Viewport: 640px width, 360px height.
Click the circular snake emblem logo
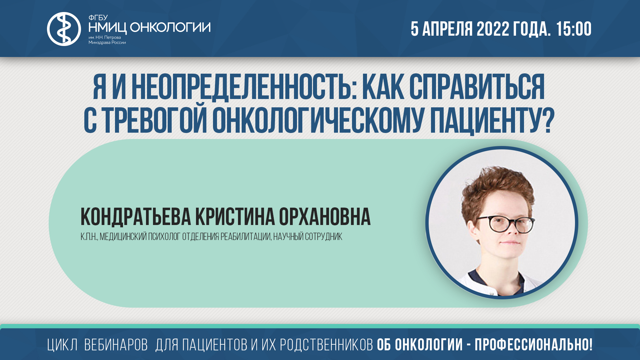point(64,29)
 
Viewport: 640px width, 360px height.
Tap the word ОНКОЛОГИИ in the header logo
point(170,27)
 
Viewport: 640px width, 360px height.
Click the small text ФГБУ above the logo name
point(98,18)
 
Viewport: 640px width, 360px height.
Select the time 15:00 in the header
point(574,29)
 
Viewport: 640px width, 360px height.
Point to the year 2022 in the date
point(493,29)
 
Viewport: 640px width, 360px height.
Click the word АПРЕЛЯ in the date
point(447,29)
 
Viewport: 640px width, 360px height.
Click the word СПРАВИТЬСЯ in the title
point(477,87)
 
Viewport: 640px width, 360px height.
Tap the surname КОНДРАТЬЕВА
point(136,217)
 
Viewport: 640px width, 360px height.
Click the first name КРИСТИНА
point(235,217)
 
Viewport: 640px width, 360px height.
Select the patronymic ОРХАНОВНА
point(324,217)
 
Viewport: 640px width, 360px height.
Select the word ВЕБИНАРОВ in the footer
point(116,345)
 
